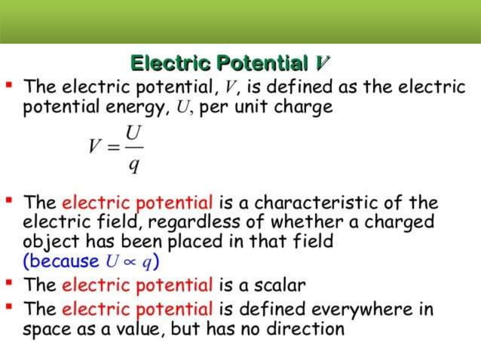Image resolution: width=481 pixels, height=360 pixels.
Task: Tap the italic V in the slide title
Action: point(323,63)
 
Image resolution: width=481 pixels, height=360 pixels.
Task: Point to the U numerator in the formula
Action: point(133,131)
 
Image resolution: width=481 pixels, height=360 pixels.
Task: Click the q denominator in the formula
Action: point(133,165)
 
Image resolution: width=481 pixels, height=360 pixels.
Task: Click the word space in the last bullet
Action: point(47,329)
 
